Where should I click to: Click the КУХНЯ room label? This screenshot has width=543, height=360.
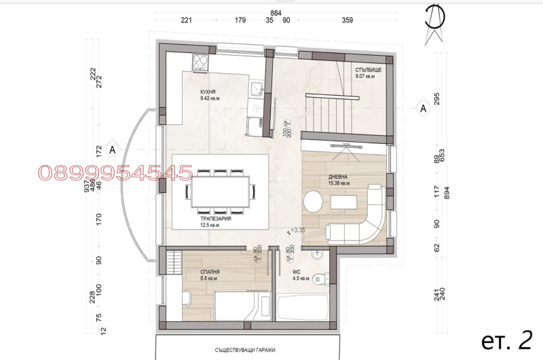[x=208, y=92]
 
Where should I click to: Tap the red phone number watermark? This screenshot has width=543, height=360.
[x=115, y=173]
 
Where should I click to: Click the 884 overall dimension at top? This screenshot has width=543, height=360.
[x=276, y=12]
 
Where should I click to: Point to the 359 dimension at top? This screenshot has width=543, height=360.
[x=348, y=20]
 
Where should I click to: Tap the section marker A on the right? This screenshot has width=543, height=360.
[x=423, y=107]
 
